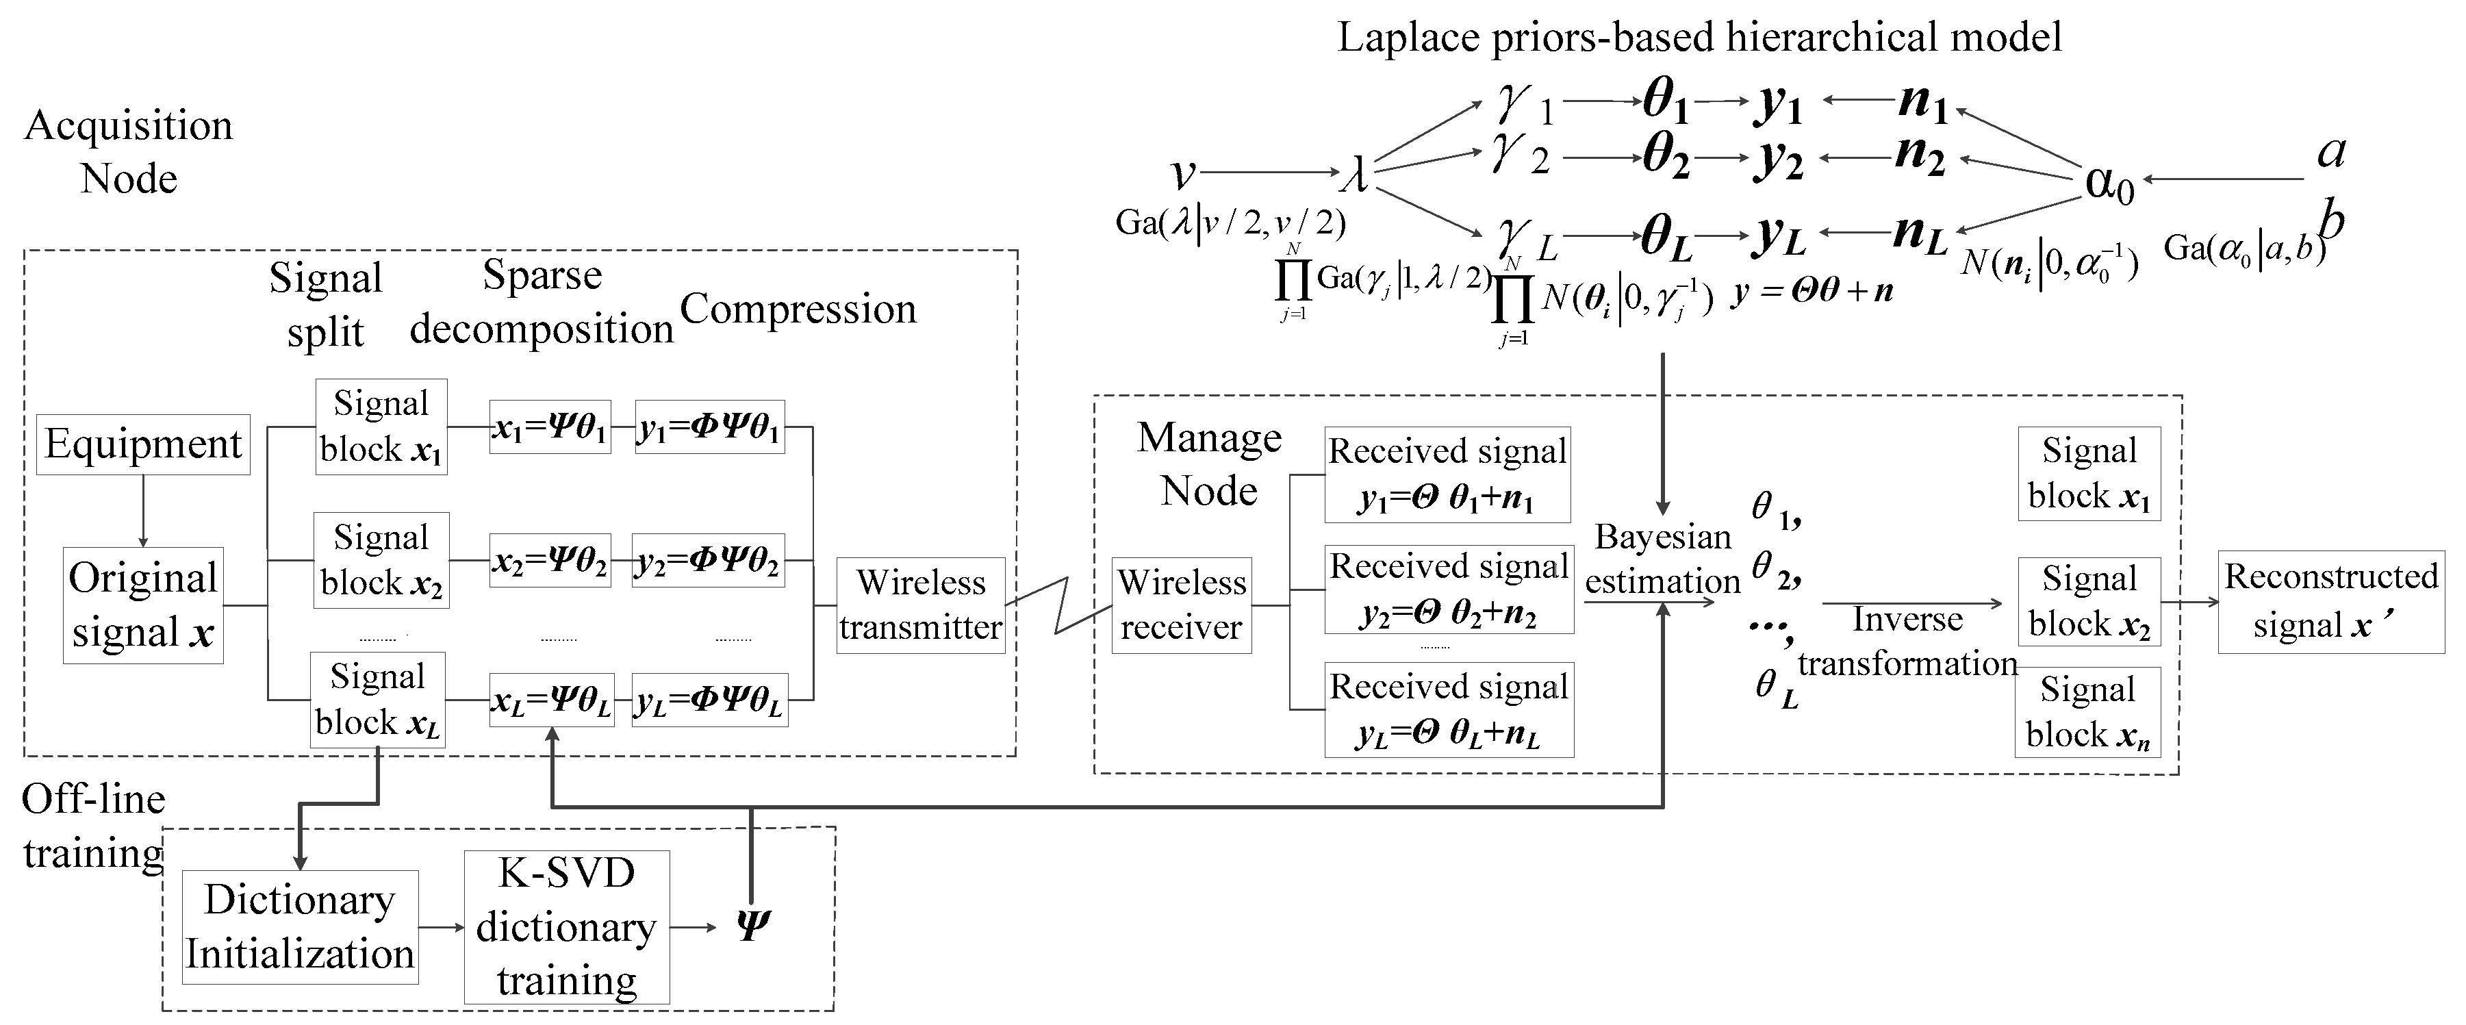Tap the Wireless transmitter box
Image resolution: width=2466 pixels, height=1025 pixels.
(x=920, y=605)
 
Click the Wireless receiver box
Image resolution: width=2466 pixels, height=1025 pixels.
(x=1180, y=605)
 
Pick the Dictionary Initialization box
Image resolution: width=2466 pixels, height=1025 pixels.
(x=300, y=926)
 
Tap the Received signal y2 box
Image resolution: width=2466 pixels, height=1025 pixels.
(x=1447, y=590)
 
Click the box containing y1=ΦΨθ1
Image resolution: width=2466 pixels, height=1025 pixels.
(x=709, y=427)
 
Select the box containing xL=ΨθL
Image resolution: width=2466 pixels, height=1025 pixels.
(x=551, y=700)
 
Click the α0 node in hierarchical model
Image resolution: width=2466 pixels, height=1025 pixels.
(x=2109, y=182)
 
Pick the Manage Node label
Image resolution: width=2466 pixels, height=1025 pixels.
(x=1209, y=464)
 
